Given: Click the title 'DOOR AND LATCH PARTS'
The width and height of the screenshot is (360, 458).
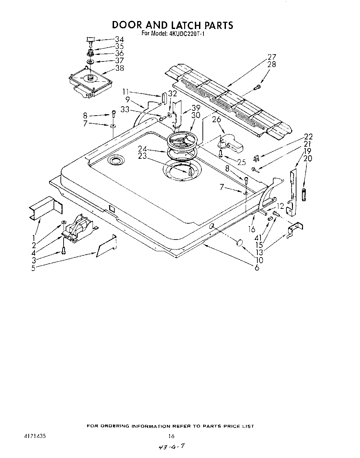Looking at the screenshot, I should pyautogui.click(x=172, y=25).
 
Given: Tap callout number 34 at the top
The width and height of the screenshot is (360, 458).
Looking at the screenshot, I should pyautogui.click(x=119, y=39).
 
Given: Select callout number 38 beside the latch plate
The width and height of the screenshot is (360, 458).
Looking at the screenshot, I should pyautogui.click(x=119, y=68).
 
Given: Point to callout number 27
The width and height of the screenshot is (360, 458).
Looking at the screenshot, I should pyautogui.click(x=272, y=57).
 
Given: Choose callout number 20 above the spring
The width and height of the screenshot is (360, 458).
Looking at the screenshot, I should pyautogui.click(x=307, y=158).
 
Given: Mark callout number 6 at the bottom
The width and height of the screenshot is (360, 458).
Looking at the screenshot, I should pyautogui.click(x=257, y=267).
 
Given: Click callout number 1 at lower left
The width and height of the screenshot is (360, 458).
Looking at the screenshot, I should pyautogui.click(x=34, y=238).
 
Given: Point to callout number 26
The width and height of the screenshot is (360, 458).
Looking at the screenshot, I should pyautogui.click(x=216, y=120).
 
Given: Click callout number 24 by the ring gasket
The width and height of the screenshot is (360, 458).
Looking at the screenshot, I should pyautogui.click(x=142, y=149).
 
